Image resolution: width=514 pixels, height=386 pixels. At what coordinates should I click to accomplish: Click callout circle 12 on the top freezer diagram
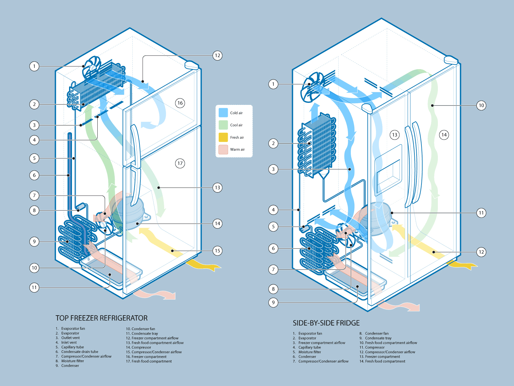[217, 56]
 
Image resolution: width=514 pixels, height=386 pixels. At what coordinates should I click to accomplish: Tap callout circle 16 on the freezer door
[180, 103]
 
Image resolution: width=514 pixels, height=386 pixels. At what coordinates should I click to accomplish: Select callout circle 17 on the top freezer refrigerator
[180, 163]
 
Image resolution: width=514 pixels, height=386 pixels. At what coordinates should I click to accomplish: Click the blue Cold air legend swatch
[223, 113]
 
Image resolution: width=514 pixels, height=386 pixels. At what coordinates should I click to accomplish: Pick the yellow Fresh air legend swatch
[223, 137]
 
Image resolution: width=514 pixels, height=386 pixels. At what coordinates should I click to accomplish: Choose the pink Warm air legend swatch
[223, 150]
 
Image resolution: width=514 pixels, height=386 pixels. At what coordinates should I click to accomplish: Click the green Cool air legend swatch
[223, 125]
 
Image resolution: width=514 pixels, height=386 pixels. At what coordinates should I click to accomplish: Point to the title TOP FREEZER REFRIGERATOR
[102, 318]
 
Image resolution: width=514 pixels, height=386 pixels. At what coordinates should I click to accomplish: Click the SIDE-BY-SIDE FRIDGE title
[326, 323]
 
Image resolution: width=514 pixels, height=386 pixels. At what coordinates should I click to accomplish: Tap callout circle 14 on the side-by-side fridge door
[444, 135]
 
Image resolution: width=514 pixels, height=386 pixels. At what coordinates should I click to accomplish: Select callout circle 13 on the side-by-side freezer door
[395, 135]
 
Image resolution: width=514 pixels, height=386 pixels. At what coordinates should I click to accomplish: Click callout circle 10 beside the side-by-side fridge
[481, 106]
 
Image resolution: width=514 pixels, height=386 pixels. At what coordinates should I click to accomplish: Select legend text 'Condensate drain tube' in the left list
[80, 352]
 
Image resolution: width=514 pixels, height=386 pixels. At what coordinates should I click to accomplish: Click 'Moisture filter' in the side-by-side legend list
[310, 352]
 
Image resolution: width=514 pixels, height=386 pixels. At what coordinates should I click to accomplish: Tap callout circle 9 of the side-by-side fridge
[273, 302]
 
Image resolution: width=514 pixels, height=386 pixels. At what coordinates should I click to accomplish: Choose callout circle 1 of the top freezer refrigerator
[34, 67]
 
